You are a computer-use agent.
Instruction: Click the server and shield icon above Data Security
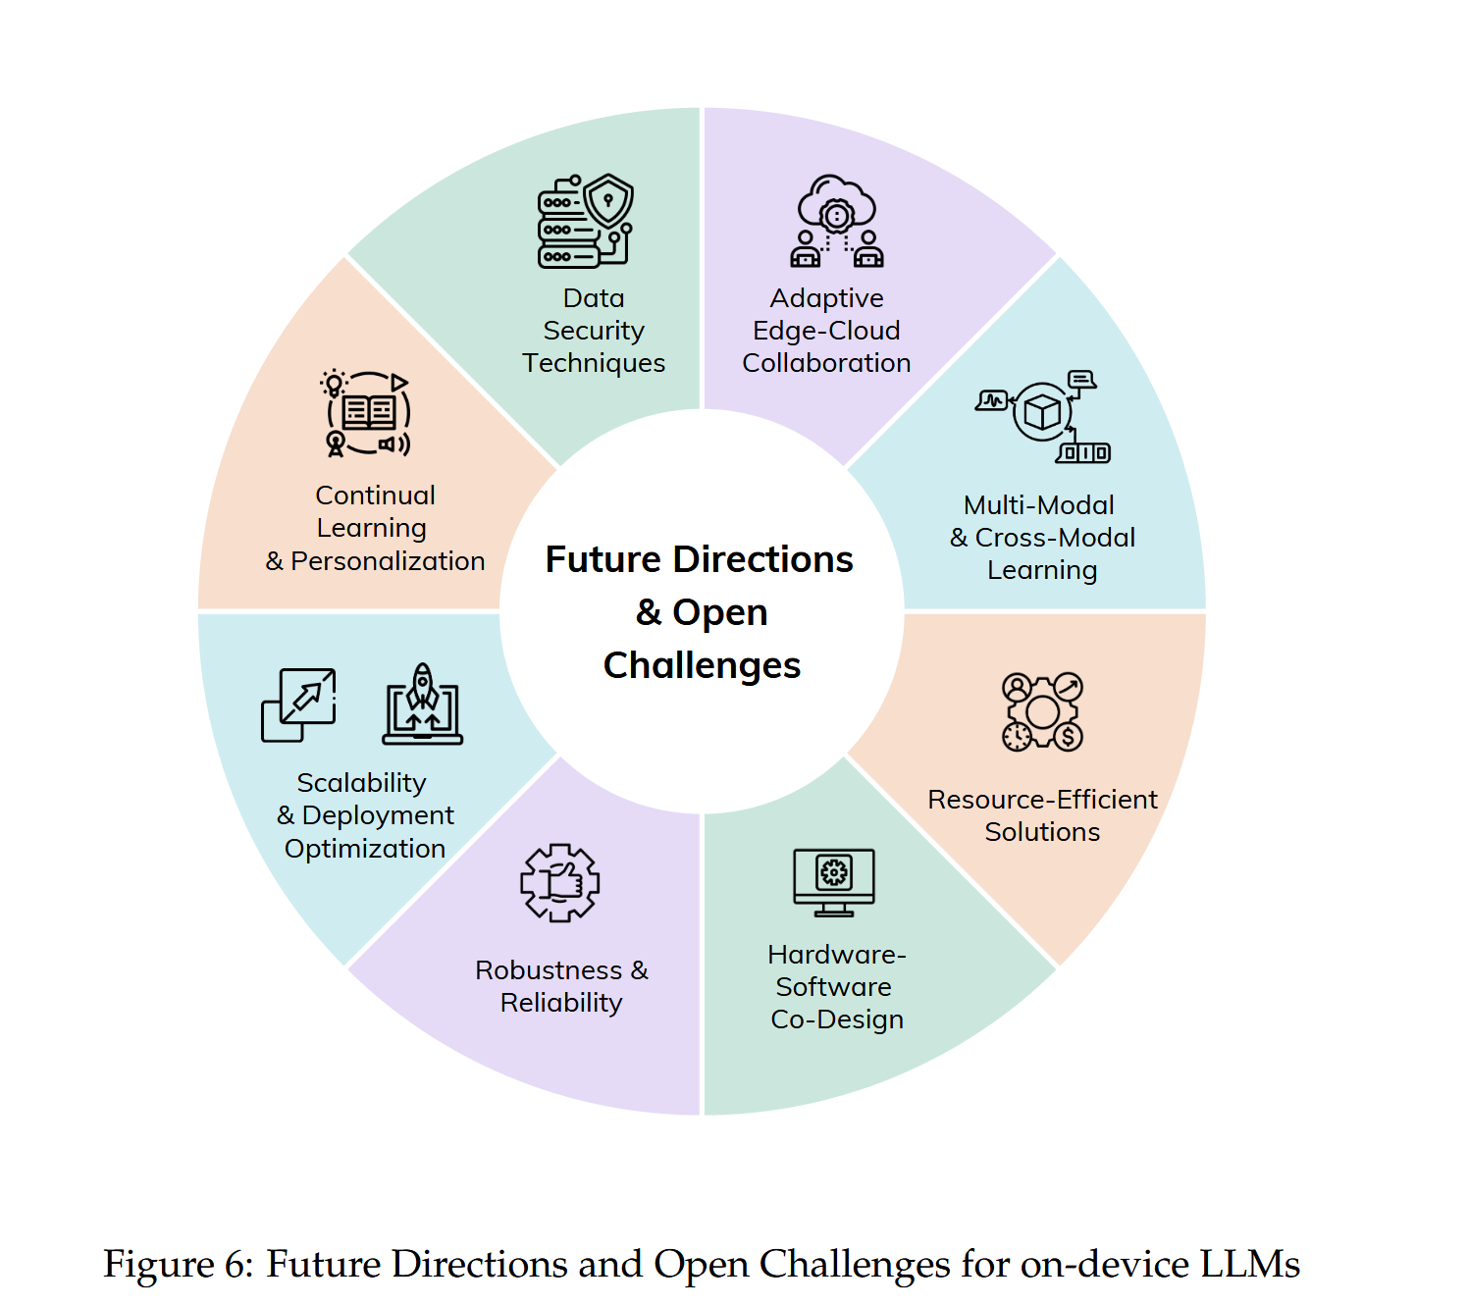pyautogui.click(x=585, y=221)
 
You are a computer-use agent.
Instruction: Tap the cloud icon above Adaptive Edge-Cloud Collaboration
pyautogui.click(x=836, y=220)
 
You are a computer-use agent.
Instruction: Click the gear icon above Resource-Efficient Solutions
pyautogui.click(x=1042, y=711)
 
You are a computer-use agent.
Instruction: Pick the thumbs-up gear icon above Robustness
pyautogui.click(x=559, y=882)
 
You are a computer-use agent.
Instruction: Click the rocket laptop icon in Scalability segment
pyautogui.click(x=422, y=704)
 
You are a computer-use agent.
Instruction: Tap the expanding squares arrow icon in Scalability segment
pyautogui.click(x=299, y=705)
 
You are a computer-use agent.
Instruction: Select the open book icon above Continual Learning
pyautogui.click(x=368, y=413)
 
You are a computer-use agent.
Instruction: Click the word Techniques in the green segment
pyautogui.click(x=594, y=363)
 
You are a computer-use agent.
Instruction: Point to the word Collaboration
pyautogui.click(x=826, y=363)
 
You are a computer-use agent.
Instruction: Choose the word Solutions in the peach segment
pyautogui.click(x=1042, y=832)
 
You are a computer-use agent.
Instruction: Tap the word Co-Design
pyautogui.click(x=837, y=1019)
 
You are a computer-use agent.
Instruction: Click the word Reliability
pyautogui.click(x=561, y=1003)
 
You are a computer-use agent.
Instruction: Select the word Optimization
pyautogui.click(x=365, y=849)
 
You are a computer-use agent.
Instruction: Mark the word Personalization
pyautogui.click(x=388, y=561)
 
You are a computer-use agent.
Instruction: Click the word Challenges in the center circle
pyautogui.click(x=702, y=665)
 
